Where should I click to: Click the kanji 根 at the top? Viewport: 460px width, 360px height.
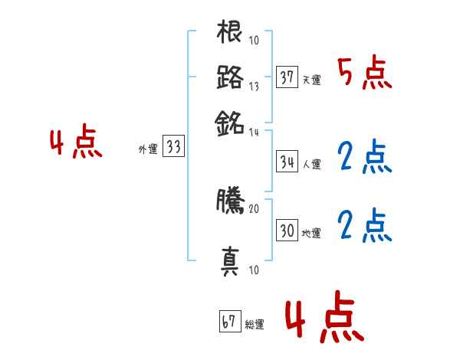(x=230, y=34)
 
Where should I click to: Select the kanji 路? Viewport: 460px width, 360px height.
(x=230, y=77)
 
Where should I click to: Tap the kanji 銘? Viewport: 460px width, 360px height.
(x=230, y=121)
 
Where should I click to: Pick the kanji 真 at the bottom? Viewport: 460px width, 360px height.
(x=230, y=260)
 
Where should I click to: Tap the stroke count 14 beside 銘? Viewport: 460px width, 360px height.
(x=254, y=132)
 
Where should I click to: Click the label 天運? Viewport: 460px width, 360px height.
(x=311, y=80)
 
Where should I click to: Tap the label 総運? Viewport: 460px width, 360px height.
(x=254, y=324)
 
